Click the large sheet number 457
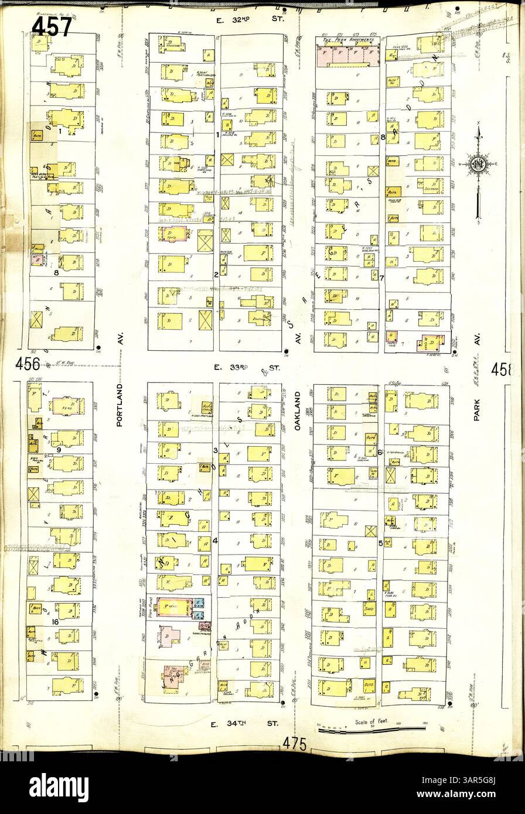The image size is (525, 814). (52, 26)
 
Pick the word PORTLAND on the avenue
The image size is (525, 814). (120, 405)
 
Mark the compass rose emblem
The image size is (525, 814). (479, 165)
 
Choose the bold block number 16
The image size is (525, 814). (55, 621)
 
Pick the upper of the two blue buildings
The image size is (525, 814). (200, 603)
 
